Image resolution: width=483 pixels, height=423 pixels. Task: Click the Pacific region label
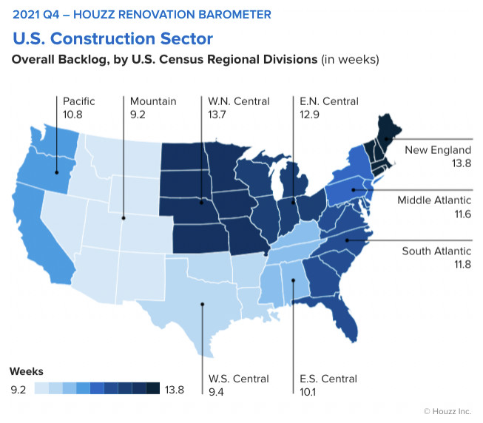[x=79, y=101]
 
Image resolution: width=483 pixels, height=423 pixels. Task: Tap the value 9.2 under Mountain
[x=138, y=115]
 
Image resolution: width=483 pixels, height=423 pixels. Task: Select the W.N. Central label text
[x=239, y=101]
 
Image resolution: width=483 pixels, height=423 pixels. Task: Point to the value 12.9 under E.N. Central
[x=309, y=115]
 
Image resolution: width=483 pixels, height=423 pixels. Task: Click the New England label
[x=438, y=150]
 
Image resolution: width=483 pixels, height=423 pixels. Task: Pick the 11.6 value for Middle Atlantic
[x=463, y=214]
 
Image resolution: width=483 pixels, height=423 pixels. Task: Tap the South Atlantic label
[x=436, y=251]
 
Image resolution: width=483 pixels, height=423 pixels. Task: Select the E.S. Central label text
[x=328, y=379]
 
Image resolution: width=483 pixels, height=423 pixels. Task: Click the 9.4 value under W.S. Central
[x=216, y=392]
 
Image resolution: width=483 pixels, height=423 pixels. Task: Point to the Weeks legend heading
[x=27, y=371]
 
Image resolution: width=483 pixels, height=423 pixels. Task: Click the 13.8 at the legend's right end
[x=175, y=390]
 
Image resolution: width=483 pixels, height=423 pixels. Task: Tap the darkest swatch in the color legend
[x=153, y=388]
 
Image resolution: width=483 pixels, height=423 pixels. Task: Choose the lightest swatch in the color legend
[x=41, y=388]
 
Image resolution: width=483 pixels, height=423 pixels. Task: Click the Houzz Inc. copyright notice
[x=447, y=411]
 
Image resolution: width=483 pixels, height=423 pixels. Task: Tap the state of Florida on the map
[x=342, y=317]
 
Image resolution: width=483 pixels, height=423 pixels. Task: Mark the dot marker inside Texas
[x=203, y=304]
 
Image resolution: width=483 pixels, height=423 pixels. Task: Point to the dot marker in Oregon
[x=57, y=172]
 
